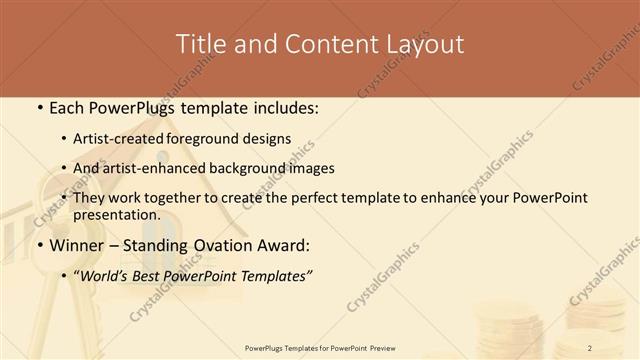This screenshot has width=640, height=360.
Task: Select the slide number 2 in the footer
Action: pos(590,347)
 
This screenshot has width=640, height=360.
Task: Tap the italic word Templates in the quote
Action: pos(274,275)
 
